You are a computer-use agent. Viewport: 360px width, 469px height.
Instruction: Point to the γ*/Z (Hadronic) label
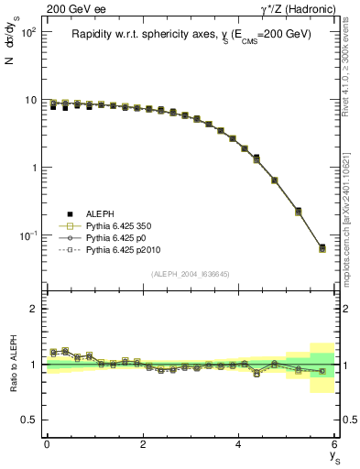[297, 8]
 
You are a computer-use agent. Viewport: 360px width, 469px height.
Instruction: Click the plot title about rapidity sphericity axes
[191, 35]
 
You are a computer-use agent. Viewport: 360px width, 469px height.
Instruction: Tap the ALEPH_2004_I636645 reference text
[190, 274]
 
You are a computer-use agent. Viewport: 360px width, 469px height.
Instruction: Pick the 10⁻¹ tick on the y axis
[28, 235]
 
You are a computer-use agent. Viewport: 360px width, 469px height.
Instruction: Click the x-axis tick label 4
[239, 444]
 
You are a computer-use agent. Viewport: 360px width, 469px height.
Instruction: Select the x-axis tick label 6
[334, 444]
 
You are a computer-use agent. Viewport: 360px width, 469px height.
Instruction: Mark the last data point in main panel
[322, 248]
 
